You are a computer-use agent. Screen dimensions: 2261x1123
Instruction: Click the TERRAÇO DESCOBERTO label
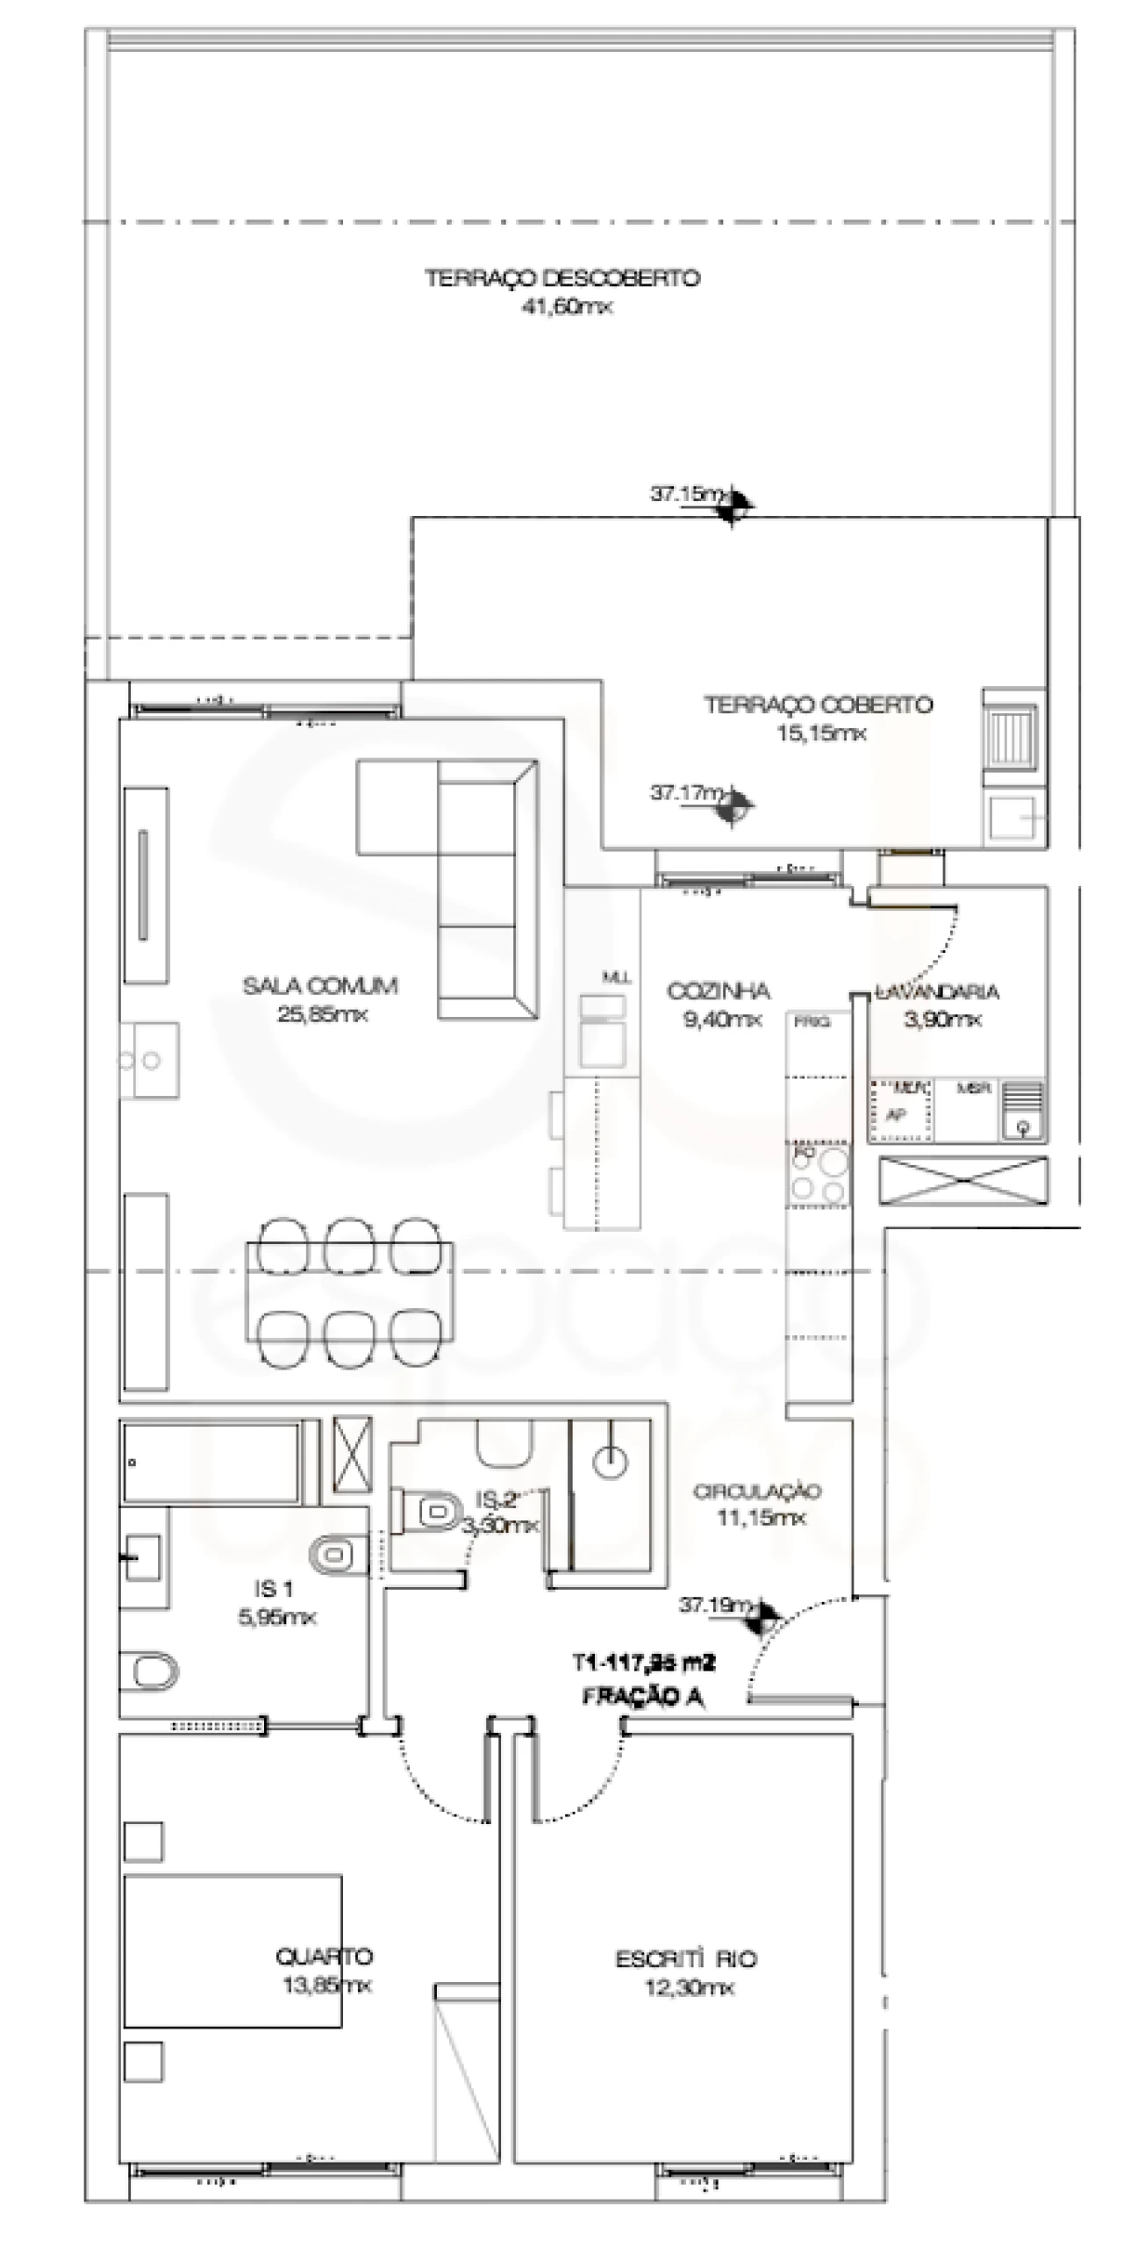pos(562,278)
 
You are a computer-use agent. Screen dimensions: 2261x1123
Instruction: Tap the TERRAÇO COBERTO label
pos(818,705)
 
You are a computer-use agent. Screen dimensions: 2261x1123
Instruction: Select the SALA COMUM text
pos(320,985)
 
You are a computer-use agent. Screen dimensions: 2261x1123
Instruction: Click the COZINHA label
pos(719,991)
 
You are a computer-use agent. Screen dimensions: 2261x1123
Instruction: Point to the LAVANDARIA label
pos(937,991)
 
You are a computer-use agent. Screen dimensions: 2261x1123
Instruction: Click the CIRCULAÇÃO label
pos(757,1492)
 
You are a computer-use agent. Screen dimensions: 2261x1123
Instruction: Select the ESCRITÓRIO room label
pos(686,1959)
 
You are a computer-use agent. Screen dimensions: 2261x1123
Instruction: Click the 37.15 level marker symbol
pos(733,504)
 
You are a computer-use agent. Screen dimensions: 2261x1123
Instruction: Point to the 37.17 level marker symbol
pos(733,805)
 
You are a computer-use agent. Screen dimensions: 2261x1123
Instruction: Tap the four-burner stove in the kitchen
pos(819,1175)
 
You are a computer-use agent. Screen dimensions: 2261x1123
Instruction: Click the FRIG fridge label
pos(812,1022)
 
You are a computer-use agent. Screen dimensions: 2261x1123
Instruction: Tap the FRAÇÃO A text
pos(643,1697)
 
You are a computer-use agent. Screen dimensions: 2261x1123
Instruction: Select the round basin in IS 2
pos(611,1463)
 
